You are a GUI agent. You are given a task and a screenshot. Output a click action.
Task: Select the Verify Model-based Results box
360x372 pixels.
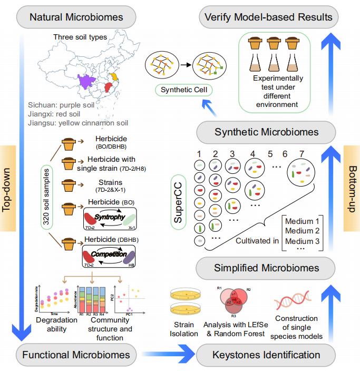tap(269, 17)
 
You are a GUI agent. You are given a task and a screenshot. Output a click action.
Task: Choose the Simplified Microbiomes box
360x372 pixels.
tap(266, 268)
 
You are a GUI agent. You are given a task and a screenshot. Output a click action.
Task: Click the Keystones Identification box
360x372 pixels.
tap(266, 355)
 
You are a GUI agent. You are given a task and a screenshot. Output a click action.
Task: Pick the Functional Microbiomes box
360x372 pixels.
tap(76, 355)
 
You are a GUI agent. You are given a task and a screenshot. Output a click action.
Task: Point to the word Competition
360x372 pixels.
tap(108, 254)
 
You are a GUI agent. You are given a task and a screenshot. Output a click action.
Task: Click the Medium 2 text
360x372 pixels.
tap(303, 231)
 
